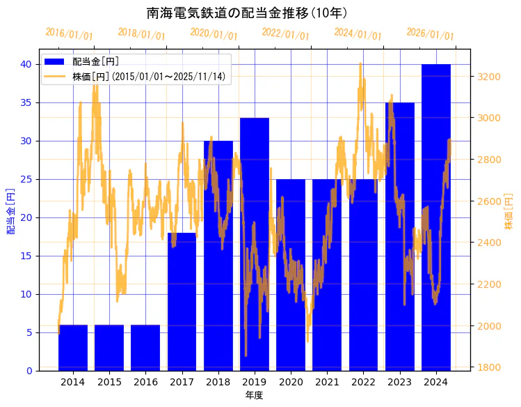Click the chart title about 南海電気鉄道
[x=247, y=13]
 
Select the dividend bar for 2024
[x=435, y=217]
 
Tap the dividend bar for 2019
[x=254, y=244]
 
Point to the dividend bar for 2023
[x=399, y=236]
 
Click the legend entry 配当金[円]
[x=91, y=61]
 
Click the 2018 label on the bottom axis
[x=218, y=382]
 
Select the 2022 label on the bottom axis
[x=363, y=382]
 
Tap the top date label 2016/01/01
[x=69, y=34]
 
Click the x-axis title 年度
[x=254, y=395]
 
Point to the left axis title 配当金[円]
[x=10, y=210]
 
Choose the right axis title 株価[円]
[x=508, y=212]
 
